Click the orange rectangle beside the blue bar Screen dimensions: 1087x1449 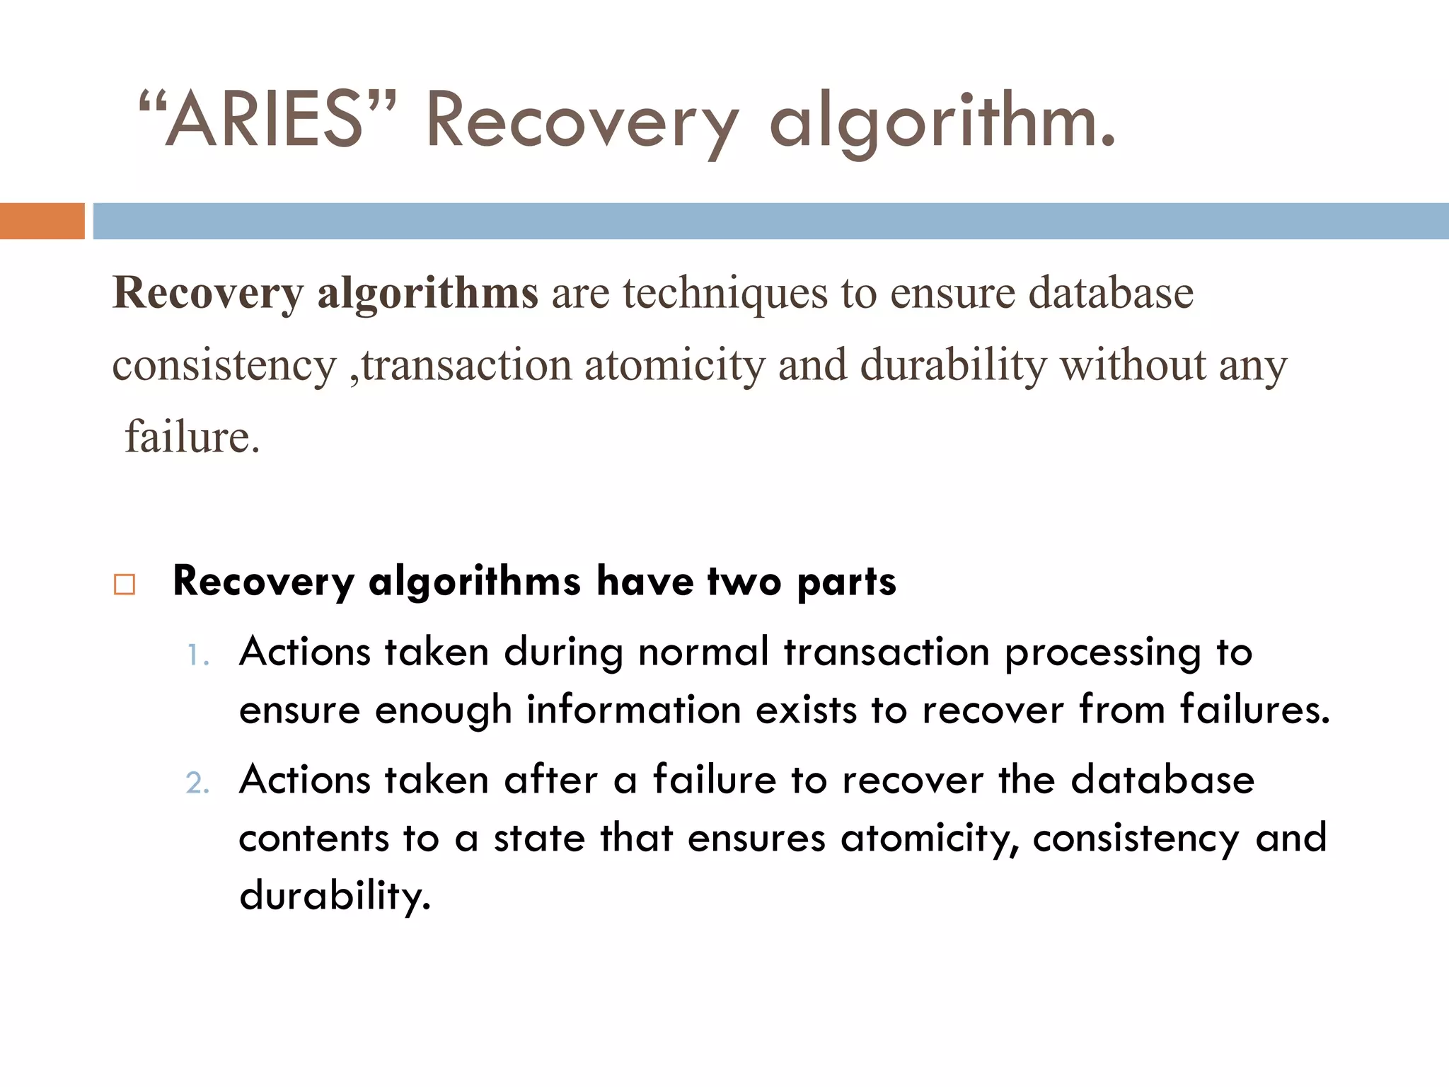(x=42, y=221)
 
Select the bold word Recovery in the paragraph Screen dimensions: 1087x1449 (x=208, y=293)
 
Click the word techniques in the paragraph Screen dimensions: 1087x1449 (x=724, y=293)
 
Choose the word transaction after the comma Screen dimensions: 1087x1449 (x=466, y=366)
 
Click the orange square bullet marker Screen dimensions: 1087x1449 (x=125, y=585)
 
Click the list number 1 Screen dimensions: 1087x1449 (x=196, y=655)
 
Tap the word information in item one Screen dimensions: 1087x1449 (x=633, y=710)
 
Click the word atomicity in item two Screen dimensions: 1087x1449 (x=929, y=839)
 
